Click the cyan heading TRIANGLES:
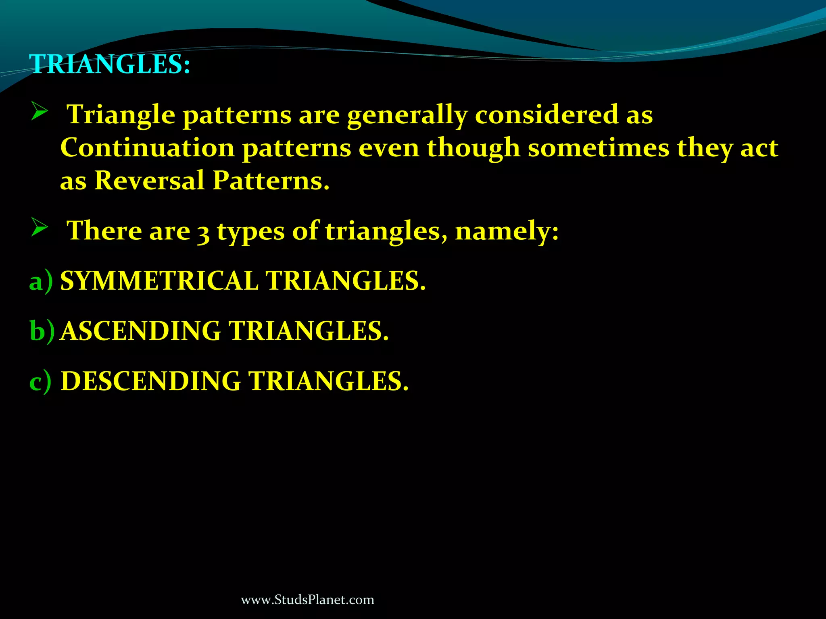110,64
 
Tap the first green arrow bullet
40,111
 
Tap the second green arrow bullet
40,228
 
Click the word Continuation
147,148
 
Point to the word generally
407,116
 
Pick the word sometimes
599,148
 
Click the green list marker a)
41,281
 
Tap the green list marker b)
42,331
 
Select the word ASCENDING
141,331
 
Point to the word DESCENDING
151,381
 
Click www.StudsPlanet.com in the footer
307,600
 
